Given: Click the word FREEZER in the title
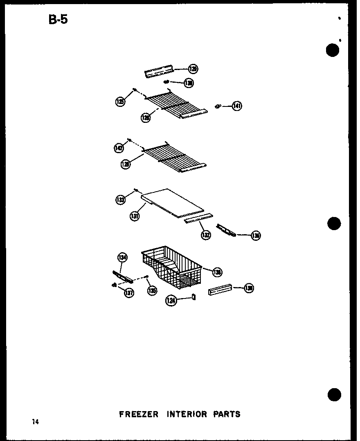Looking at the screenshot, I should (x=138, y=414).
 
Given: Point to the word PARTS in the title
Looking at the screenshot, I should (x=227, y=414).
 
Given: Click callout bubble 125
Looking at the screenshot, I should (x=120, y=102).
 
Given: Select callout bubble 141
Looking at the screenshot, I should (x=237, y=106).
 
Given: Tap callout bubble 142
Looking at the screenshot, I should (x=119, y=148).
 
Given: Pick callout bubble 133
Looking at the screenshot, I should (x=120, y=200).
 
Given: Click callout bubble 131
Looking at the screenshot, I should (x=135, y=216).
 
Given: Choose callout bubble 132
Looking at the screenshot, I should (x=205, y=235).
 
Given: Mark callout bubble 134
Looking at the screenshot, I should (x=122, y=257).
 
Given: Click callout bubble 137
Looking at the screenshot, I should (x=129, y=292).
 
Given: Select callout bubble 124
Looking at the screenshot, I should (x=171, y=301).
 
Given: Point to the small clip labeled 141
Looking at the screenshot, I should (x=218, y=106).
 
